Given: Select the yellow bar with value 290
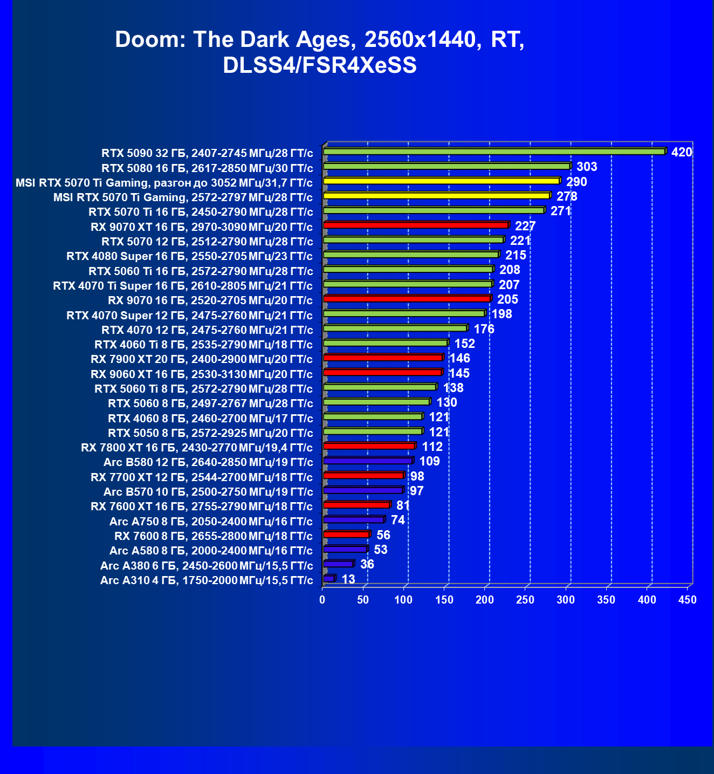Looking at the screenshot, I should pos(441,181).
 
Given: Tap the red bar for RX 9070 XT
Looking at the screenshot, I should pos(415,225).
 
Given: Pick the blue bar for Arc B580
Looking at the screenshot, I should pos(368,461).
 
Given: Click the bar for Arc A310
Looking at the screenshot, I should pos(328,578).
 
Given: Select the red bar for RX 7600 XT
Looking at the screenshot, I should pos(356,505).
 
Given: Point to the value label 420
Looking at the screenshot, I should pos(681,152).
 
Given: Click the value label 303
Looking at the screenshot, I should pos(587,167).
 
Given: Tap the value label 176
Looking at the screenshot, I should pos(484,329).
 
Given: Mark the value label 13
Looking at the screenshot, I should pos(348,579).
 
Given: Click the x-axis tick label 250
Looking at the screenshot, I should pos(525,600).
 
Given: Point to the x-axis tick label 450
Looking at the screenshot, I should pos(688,600).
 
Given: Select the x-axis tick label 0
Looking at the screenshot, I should pos(322,600).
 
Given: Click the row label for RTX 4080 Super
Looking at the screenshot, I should pos(189,256).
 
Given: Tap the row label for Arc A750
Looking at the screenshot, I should pos(211,522).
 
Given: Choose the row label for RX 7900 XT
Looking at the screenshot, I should pos(201,359).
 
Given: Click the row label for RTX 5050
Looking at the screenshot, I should pos(210,433).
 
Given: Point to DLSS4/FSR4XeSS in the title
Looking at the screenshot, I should pos(319,65).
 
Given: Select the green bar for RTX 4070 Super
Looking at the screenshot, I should pos(404,313).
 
